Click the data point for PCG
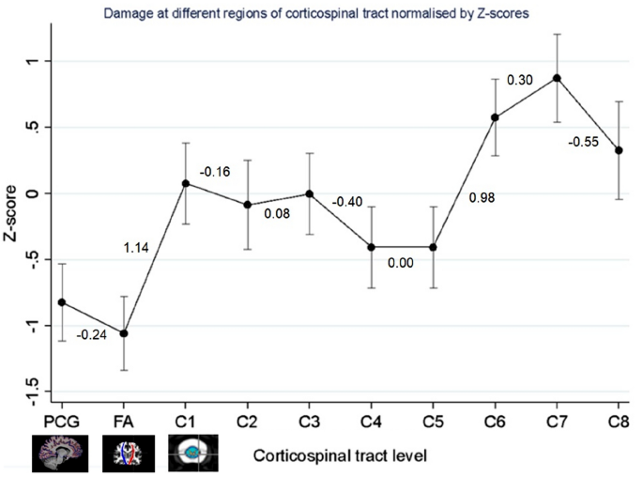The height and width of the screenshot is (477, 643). (x=62, y=302)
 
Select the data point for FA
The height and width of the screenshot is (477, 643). (x=124, y=334)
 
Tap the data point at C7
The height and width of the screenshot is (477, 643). (x=557, y=78)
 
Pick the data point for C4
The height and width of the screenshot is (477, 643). (x=371, y=247)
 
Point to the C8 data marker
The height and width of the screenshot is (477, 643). (x=619, y=150)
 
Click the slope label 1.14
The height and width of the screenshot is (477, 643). (x=136, y=248)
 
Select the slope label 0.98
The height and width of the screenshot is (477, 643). (x=482, y=198)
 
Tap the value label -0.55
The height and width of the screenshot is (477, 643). (x=584, y=142)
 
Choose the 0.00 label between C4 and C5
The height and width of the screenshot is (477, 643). (x=401, y=263)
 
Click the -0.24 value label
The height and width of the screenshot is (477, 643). (x=91, y=335)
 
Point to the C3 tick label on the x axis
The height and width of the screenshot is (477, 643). (x=309, y=422)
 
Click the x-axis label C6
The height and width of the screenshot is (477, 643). (x=495, y=422)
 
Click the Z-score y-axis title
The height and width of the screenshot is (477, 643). (x=10, y=213)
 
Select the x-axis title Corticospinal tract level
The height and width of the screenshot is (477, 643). (x=340, y=456)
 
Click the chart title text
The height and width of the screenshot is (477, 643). (x=316, y=13)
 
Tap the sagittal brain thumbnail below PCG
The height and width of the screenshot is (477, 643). (x=60, y=453)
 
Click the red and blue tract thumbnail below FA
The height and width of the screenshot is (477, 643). (x=129, y=454)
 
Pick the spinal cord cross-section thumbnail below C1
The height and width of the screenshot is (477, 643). (x=193, y=453)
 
